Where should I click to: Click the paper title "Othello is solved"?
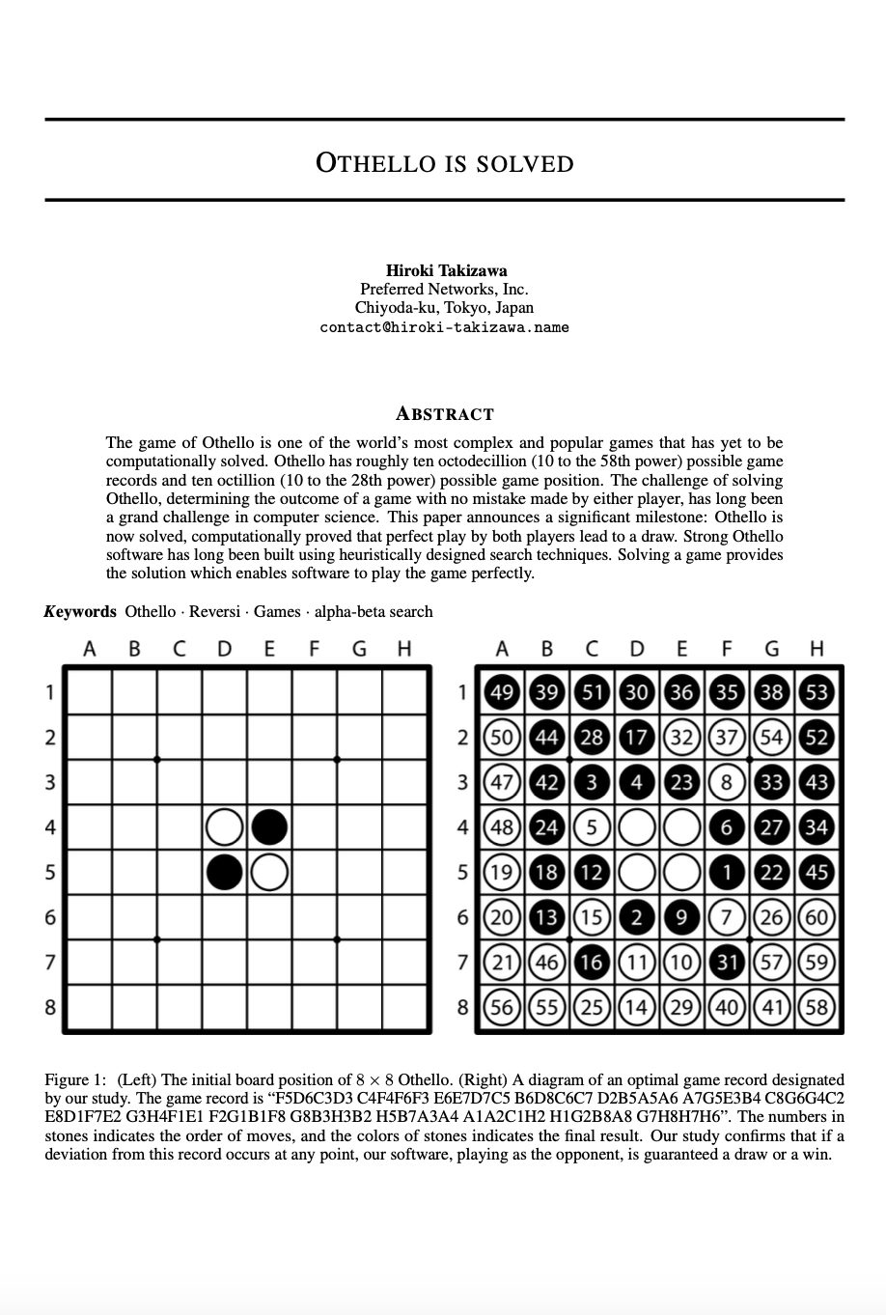coord(444,162)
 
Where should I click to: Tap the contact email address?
coord(444,327)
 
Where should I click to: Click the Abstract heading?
coord(444,414)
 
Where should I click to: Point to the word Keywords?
coord(80,611)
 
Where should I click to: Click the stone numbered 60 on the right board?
coord(817,917)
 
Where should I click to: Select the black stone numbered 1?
coord(727,872)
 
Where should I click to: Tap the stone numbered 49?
coord(502,692)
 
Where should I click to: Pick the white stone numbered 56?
coord(502,1007)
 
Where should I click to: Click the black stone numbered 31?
coord(727,963)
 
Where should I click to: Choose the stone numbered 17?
coord(637,738)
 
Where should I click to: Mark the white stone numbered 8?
coord(727,782)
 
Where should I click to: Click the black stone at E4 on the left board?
coord(269,827)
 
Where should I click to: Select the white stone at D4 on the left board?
coord(225,827)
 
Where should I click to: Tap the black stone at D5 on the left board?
coord(225,872)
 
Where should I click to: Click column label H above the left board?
coord(404,649)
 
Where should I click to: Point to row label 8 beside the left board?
coord(49,1007)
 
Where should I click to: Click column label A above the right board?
coord(502,649)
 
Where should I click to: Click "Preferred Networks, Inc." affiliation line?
coord(444,289)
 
